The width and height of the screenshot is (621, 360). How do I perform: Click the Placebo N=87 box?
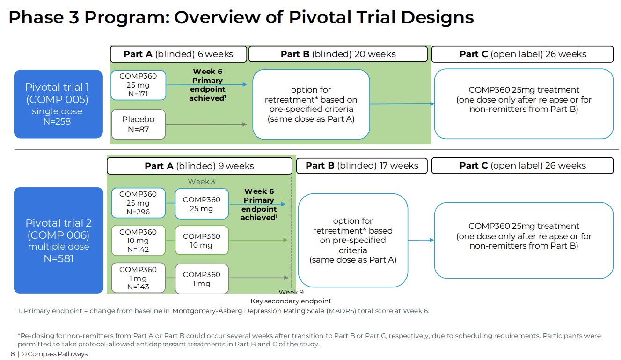(x=139, y=124)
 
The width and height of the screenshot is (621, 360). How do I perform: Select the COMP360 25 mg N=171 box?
(x=139, y=85)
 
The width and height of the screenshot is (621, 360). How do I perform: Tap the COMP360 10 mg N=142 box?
(x=139, y=240)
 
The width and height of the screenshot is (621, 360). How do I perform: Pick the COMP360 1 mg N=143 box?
(x=139, y=278)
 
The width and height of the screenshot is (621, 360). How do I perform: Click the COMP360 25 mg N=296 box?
(x=139, y=203)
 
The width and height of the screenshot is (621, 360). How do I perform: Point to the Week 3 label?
(x=201, y=181)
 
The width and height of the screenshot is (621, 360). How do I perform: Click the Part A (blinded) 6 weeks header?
(x=178, y=54)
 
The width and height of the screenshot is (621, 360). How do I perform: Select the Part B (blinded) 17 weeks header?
(x=362, y=166)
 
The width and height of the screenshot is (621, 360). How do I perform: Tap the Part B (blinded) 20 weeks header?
(x=338, y=54)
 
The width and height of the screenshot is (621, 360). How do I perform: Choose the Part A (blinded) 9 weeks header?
(x=199, y=166)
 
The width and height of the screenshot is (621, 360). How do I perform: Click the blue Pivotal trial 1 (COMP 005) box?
(x=58, y=104)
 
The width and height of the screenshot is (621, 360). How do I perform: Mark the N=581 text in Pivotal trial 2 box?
(x=58, y=258)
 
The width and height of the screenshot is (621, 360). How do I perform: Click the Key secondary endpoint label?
(x=291, y=301)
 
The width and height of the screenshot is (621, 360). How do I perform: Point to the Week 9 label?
(x=291, y=292)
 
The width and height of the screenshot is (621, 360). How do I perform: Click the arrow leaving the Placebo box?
(x=206, y=124)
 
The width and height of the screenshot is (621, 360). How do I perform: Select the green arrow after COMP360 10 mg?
(x=259, y=240)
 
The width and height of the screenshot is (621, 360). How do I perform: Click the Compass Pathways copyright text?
(x=55, y=354)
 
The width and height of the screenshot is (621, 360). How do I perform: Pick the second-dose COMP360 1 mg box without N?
(x=202, y=279)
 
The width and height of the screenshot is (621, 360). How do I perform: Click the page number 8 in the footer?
(x=13, y=354)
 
